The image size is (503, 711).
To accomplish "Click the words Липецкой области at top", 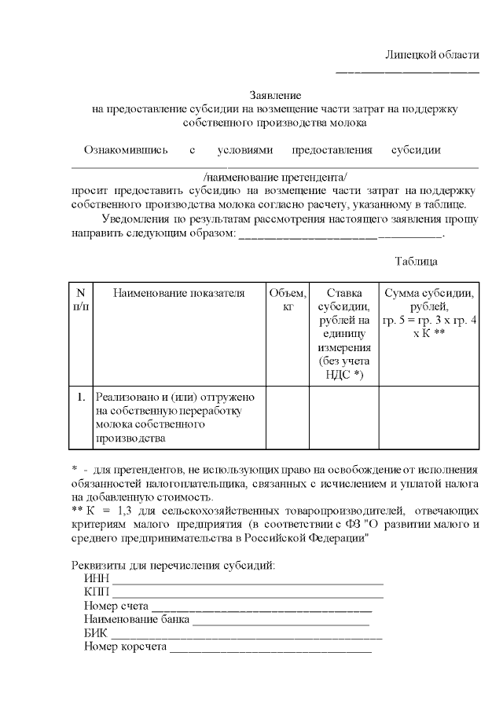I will click(x=431, y=55).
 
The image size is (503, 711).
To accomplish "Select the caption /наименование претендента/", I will click(x=274, y=176).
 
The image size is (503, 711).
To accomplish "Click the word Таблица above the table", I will click(x=416, y=261).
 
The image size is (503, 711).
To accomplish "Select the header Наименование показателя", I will click(x=179, y=293).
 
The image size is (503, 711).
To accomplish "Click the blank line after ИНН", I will click(x=248, y=582).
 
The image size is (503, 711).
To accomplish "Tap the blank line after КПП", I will click(x=248, y=595).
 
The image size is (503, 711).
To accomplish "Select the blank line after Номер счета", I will click(x=261, y=608).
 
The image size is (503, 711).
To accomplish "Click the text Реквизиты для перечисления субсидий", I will click(x=173, y=566).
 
